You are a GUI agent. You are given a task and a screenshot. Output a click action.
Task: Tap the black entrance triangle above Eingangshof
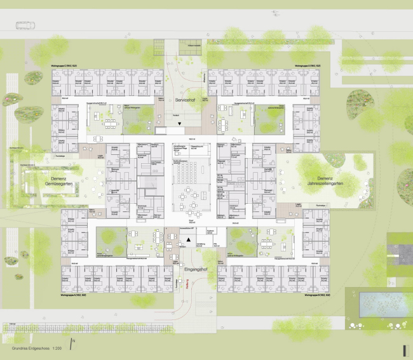[189, 239]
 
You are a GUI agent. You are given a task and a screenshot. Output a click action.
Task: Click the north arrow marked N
[74, 343]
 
